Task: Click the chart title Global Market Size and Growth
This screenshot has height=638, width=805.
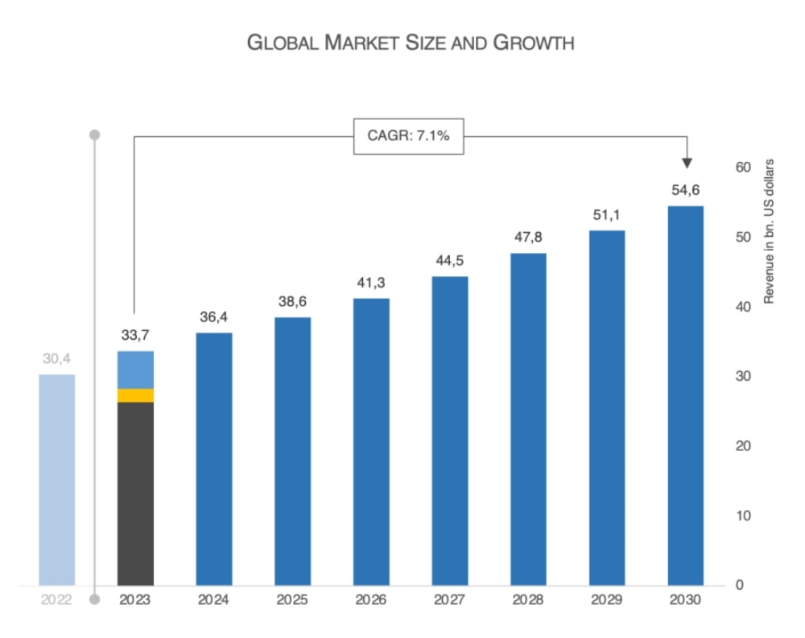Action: pos(411,43)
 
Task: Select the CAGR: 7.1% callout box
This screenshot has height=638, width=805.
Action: pos(409,136)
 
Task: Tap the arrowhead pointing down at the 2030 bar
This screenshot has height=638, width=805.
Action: pos(687,163)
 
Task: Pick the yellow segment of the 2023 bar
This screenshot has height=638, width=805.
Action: pos(135,396)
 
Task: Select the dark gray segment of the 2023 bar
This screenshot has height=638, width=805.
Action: pos(135,493)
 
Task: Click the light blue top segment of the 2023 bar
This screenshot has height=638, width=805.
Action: pos(135,370)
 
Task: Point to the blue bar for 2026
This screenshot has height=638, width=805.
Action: pos(371,441)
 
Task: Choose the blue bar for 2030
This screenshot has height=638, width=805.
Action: pos(686,396)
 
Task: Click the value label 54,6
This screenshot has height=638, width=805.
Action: pos(686,190)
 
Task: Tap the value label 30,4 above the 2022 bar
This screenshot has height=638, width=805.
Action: pos(56,358)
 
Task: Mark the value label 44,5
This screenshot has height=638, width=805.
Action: pos(449,260)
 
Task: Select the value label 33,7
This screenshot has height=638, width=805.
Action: pos(135,335)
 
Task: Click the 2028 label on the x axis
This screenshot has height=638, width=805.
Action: pos(528,600)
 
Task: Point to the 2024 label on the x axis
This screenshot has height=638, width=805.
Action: pos(213,600)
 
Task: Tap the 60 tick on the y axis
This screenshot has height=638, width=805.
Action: pos(743,168)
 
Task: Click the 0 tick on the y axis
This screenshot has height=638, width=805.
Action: pos(740,585)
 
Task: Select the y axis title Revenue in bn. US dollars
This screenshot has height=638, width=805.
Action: pos(768,232)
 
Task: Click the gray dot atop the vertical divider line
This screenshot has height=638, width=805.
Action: pos(95,134)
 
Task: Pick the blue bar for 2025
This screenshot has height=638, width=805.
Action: pos(292,451)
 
